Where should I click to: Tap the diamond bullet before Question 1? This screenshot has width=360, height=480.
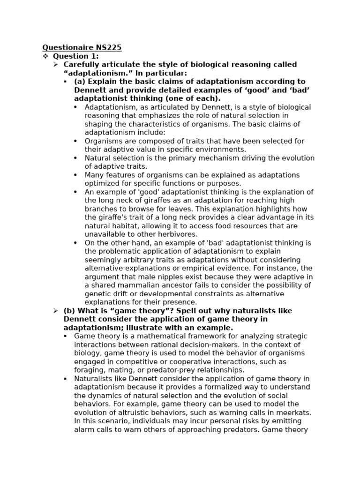45,56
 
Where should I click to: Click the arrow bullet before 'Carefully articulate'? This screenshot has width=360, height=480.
56,64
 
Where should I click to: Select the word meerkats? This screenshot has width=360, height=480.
293,412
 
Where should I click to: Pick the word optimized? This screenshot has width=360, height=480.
100,184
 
